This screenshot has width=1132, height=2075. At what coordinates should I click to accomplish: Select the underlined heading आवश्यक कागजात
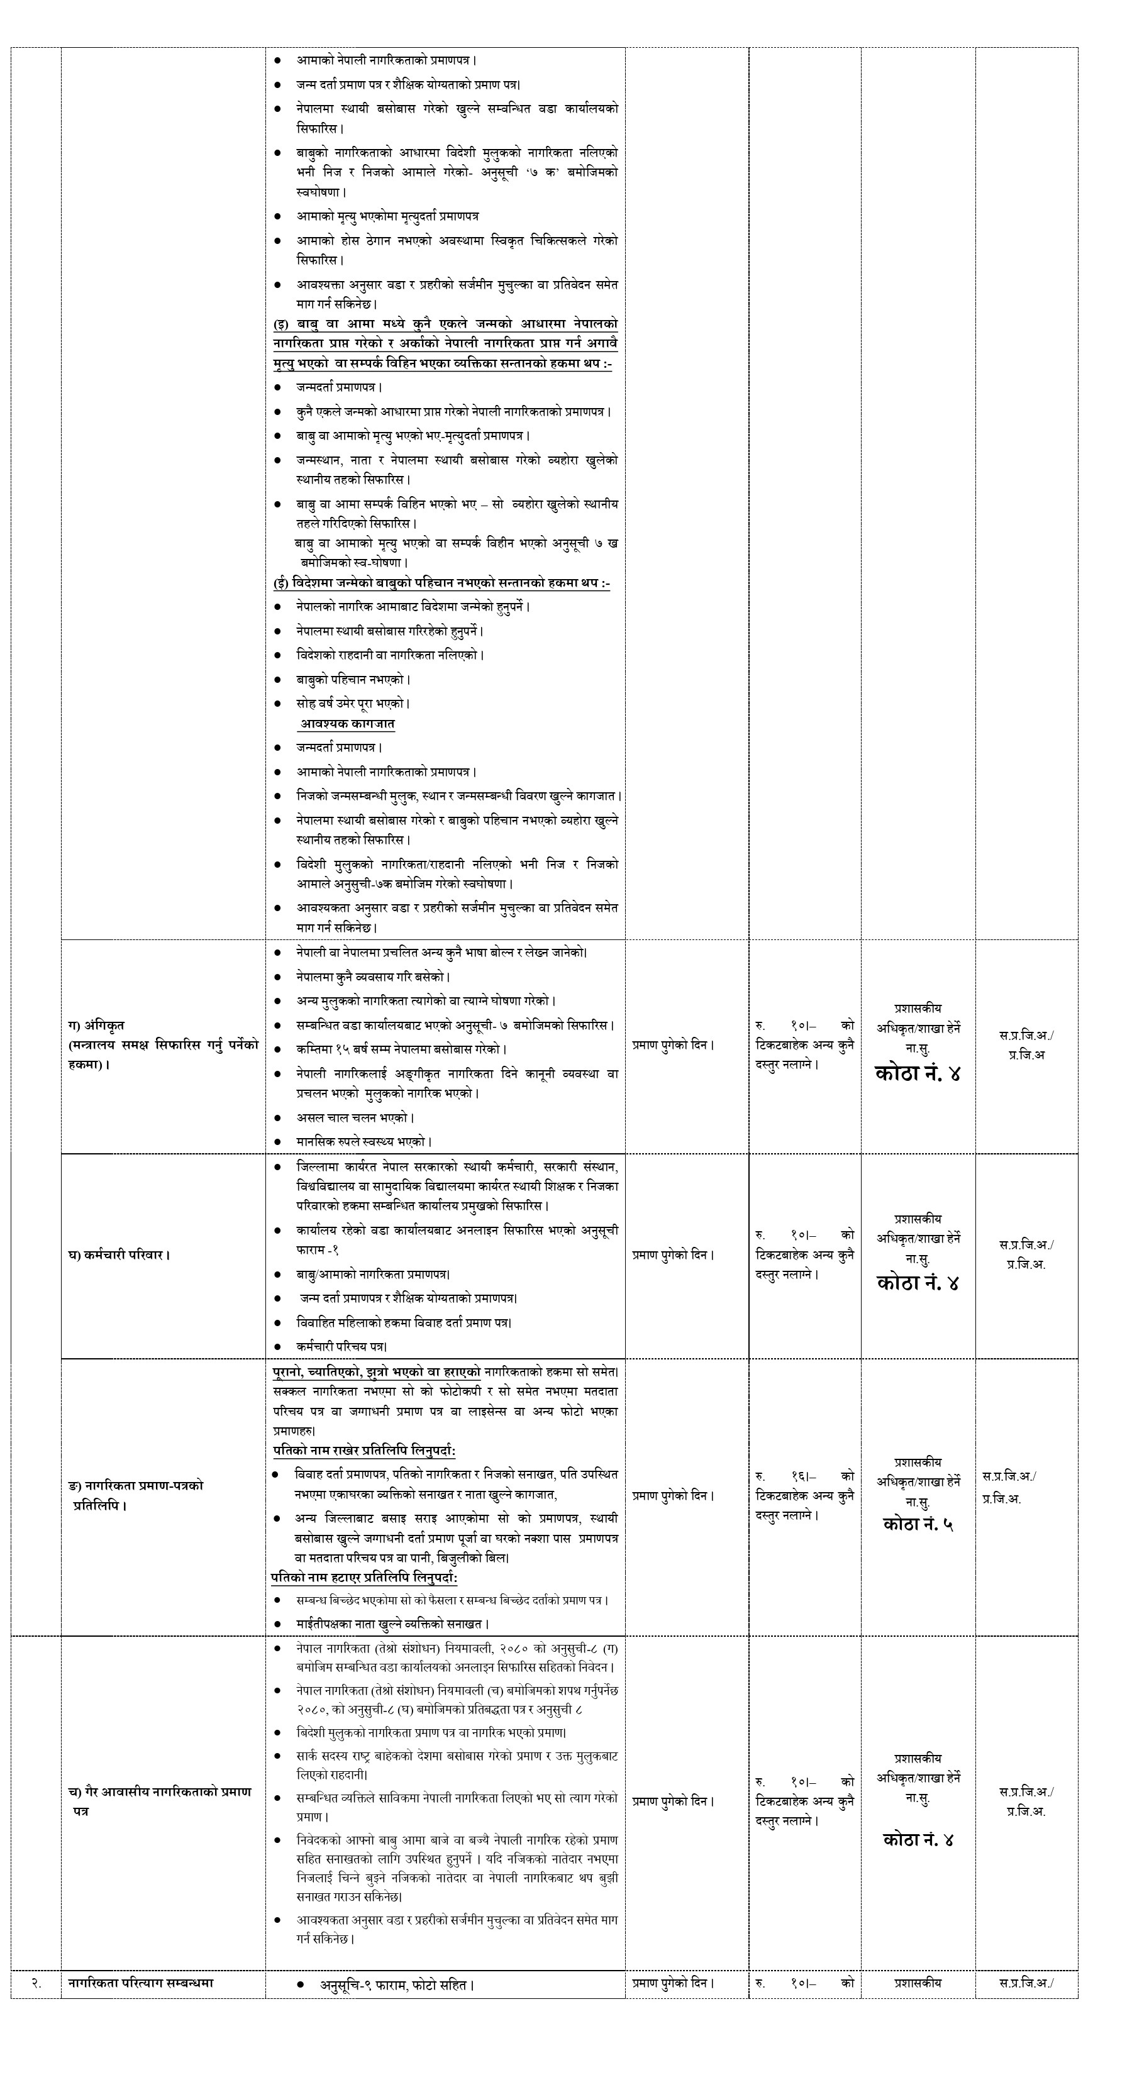point(347,723)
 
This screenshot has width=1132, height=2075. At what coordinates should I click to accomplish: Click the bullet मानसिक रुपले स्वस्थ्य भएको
point(364,1141)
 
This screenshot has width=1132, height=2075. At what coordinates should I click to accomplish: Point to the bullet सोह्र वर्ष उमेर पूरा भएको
point(352,702)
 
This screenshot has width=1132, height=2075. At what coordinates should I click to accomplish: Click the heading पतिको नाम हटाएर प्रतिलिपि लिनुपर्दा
point(363,1577)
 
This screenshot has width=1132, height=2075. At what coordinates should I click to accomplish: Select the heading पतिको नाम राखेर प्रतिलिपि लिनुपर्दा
point(363,1451)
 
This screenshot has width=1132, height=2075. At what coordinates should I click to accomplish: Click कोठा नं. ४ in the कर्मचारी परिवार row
point(918,1283)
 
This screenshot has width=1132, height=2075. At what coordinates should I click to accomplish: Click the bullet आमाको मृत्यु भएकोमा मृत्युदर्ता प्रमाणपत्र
point(387,216)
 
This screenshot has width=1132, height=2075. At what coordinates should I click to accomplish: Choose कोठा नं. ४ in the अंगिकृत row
point(918,1073)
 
